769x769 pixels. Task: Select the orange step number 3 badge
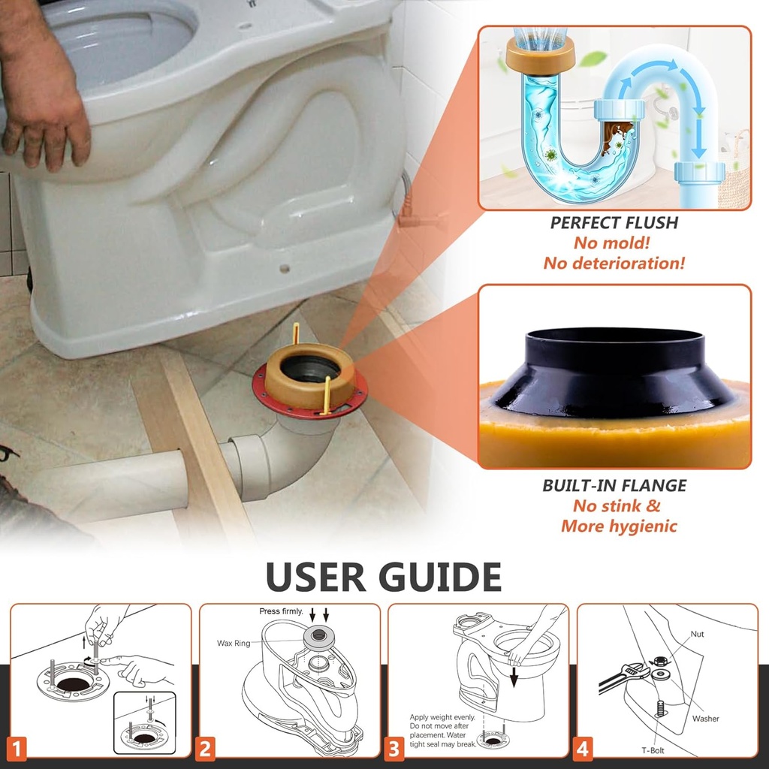pos(394,748)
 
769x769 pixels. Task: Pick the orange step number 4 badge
pos(582,748)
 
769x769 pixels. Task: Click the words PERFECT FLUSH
pos(614,223)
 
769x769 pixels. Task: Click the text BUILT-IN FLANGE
pos(614,486)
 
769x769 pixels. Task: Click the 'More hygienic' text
pos(619,526)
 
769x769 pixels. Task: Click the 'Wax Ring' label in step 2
pos(234,644)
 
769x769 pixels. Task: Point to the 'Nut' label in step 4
pos(697,634)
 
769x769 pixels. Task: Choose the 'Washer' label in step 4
pos(705,719)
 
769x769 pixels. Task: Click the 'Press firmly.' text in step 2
pos(282,611)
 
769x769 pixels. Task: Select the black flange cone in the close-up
pos(614,372)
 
